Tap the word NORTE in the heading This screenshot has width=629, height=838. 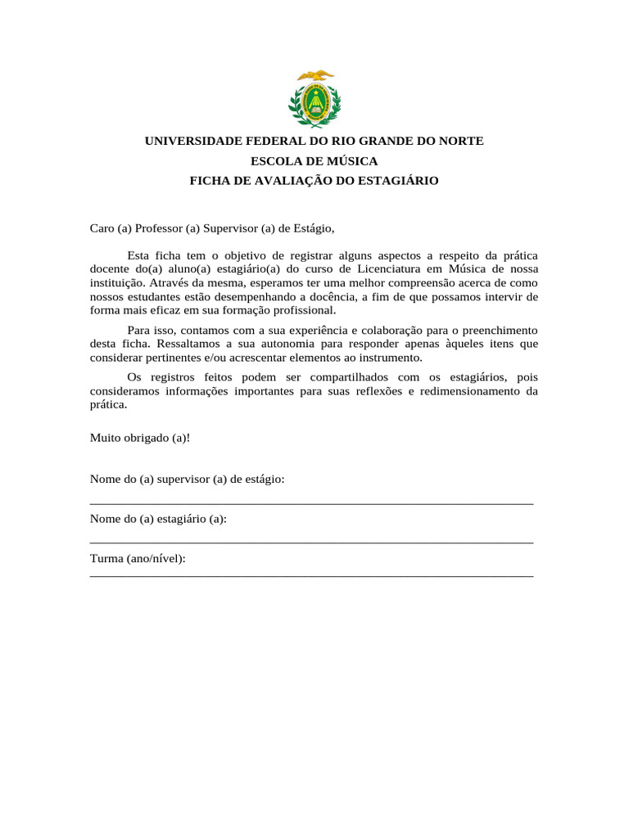461,141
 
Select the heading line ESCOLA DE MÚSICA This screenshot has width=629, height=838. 314,160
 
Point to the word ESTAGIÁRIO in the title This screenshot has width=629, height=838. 398,180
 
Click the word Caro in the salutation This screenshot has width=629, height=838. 102,228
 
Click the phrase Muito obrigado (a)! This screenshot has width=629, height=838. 139,437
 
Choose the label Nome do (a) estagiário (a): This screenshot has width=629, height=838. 158,519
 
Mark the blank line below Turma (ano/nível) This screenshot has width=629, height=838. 311,576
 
